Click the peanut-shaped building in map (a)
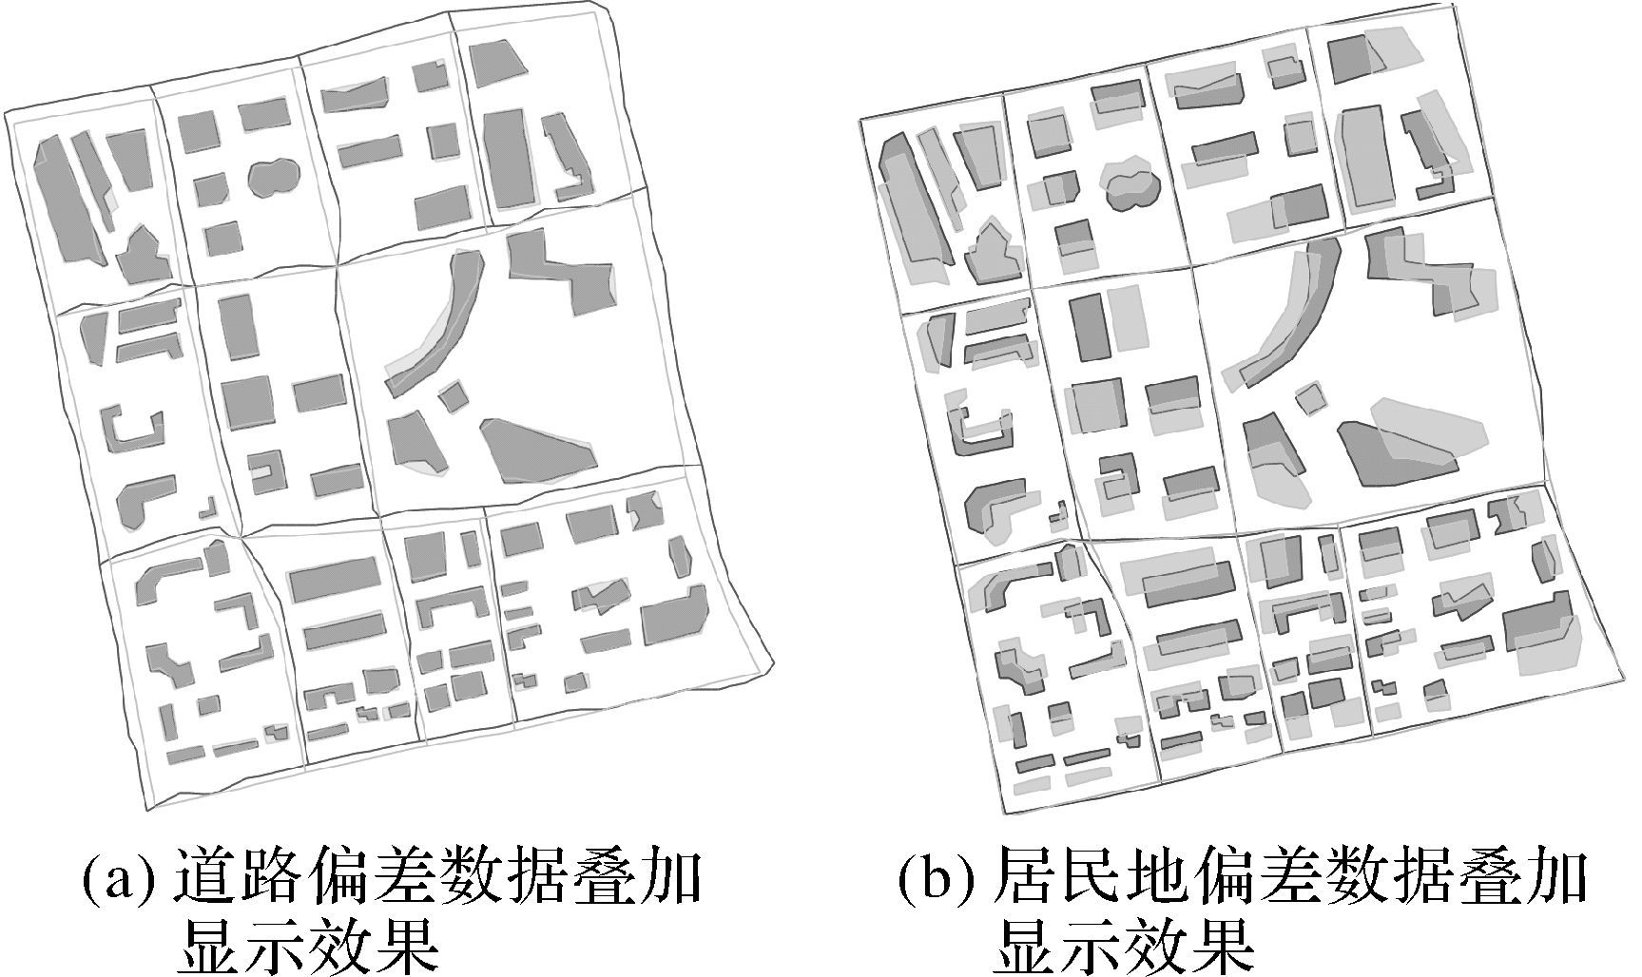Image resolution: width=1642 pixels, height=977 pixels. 274,176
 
